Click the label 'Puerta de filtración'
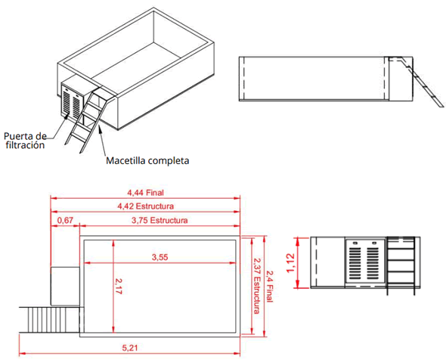tap(26, 141)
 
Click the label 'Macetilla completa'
tap(147, 160)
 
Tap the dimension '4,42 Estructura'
tap(146, 206)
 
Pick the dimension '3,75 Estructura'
tap(159, 220)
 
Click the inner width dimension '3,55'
tap(160, 257)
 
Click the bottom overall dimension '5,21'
tap(129, 349)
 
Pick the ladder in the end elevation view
tap(403, 262)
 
